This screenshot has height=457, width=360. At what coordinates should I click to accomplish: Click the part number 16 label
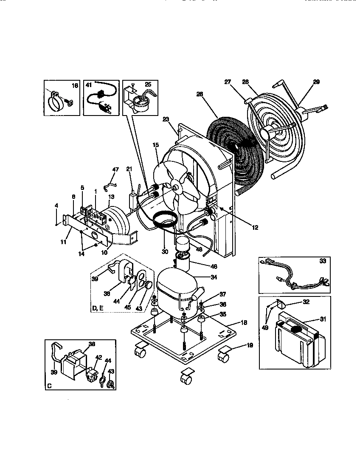pos(75,86)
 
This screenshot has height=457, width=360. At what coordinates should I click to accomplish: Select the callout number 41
pos(88,85)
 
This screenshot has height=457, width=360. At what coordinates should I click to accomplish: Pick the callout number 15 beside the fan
pos(155,145)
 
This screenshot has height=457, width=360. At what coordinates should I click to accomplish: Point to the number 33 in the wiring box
pos(323,261)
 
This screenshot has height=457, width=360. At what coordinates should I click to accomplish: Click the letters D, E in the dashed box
pos(97,308)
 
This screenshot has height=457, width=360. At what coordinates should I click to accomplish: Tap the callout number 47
pos(115,169)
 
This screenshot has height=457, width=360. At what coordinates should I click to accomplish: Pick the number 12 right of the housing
pos(255,228)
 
